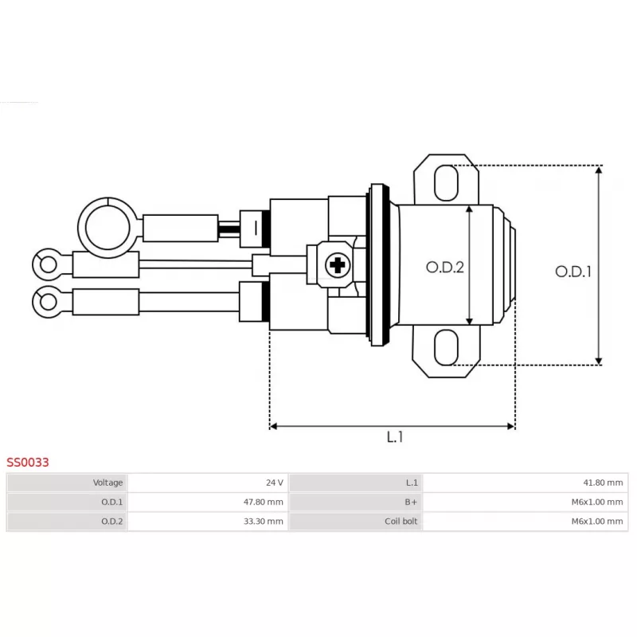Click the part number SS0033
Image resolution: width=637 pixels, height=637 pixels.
[28, 462]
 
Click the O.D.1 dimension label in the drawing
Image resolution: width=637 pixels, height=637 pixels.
[573, 272]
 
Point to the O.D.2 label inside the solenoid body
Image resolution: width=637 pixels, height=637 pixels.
[445, 268]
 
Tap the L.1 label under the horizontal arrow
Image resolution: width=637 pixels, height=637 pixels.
[394, 437]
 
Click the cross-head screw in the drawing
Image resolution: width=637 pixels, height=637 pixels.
[337, 265]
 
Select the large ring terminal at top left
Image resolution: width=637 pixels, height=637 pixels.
[107, 228]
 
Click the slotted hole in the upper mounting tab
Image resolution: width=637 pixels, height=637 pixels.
[446, 183]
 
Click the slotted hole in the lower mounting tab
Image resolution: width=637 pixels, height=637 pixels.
[446, 347]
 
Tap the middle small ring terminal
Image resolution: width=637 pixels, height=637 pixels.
[48, 265]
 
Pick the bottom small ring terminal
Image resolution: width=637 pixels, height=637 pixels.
[48, 302]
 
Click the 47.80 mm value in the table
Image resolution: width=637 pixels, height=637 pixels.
[264, 502]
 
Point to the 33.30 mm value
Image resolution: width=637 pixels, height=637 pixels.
[264, 522]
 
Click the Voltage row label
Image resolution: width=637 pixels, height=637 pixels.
[107, 483]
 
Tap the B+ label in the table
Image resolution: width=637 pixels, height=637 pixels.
[411, 502]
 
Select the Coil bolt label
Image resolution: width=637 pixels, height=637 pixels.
[401, 522]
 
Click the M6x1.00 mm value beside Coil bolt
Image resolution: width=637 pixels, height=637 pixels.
[597, 522]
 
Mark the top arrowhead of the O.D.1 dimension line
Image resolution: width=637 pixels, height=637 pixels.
[599, 169]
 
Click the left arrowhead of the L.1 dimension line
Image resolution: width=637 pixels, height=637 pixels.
[273, 426]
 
